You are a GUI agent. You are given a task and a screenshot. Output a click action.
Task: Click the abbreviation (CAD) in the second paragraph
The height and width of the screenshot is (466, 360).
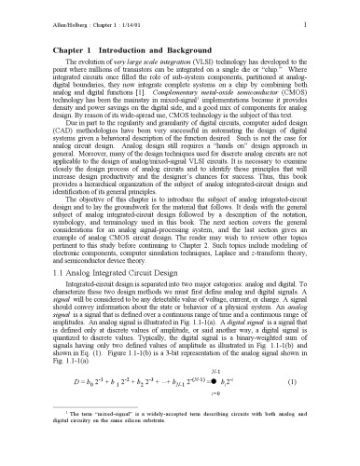point(37,127)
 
